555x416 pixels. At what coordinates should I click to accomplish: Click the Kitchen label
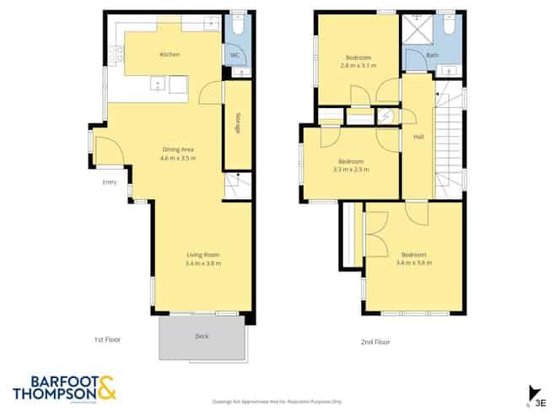170,55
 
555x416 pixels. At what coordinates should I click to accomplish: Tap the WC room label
235,56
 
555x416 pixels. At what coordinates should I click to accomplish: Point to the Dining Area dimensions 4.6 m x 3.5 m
178,158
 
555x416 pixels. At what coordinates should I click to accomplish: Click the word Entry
110,181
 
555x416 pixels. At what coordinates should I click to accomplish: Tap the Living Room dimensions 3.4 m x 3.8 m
203,263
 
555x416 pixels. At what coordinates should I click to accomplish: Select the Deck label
202,336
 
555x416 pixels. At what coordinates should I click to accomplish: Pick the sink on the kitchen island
157,83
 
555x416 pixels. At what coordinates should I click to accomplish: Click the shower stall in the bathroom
416,30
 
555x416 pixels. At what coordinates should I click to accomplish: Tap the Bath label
433,56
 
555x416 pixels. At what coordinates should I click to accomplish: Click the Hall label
418,137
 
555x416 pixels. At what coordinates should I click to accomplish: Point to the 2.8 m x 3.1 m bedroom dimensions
358,64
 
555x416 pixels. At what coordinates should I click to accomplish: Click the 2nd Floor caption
376,342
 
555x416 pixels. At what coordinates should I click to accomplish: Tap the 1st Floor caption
107,339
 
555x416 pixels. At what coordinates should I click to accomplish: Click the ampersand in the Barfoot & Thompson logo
107,388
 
